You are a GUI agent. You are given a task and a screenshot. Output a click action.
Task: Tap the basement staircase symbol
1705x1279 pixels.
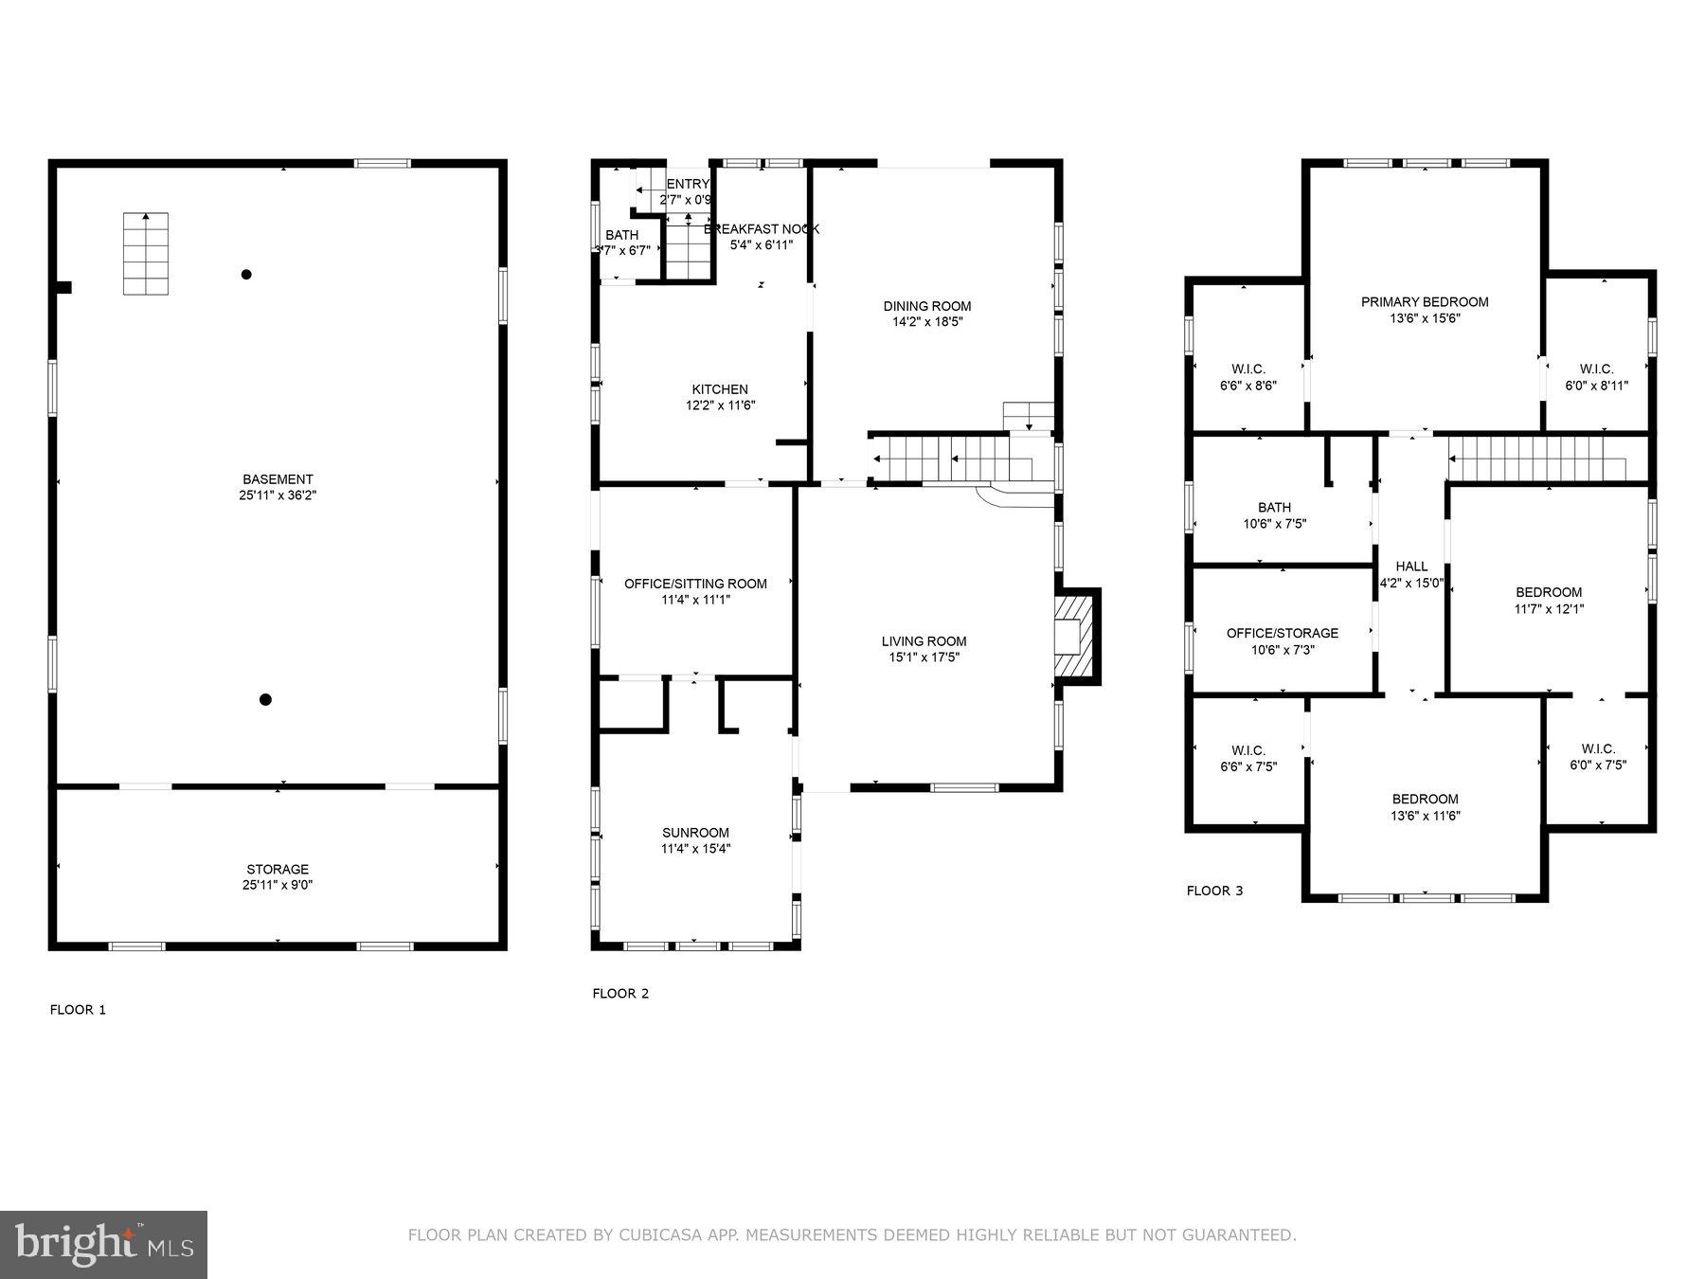[146, 253]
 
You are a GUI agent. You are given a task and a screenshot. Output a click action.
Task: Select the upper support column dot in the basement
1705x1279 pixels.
[246, 275]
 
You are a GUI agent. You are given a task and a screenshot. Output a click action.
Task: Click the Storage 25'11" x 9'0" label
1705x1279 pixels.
[278, 876]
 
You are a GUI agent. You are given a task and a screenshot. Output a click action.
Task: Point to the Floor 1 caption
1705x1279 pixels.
[78, 1010]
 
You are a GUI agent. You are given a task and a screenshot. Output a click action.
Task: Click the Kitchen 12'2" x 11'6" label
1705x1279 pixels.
[720, 397]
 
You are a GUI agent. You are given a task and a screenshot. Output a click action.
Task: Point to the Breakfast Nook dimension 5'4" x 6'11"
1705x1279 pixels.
[761, 245]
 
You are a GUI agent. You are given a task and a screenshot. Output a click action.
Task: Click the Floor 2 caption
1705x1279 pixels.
[620, 994]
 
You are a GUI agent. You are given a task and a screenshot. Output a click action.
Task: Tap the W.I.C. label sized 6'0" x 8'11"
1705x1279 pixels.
[1596, 377]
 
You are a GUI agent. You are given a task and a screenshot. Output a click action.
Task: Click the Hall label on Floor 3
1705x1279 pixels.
[1411, 567]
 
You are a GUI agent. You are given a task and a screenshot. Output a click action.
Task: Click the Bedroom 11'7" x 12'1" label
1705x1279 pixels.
[1549, 601]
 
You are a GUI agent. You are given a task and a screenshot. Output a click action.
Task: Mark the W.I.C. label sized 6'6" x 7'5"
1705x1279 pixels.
[1248, 758]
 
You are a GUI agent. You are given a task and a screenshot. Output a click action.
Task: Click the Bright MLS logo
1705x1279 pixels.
[103, 1244]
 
